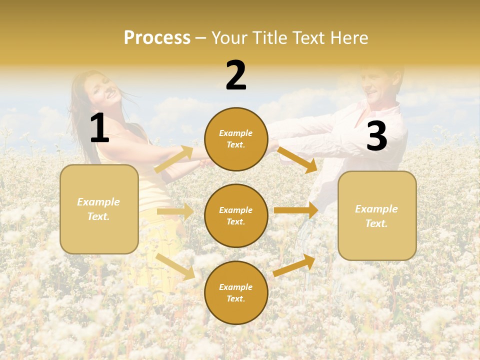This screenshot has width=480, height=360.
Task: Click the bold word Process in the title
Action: point(157,38)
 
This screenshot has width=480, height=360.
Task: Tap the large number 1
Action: point(99,128)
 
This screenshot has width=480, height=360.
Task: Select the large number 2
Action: point(236,75)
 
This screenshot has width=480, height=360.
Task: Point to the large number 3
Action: point(377,136)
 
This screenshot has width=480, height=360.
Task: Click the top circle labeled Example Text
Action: point(236,139)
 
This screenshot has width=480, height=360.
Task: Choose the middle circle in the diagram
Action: point(236,215)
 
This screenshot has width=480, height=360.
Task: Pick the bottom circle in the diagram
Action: point(236,292)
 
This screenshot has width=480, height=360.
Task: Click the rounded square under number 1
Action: point(99,209)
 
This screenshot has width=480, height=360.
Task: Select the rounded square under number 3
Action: point(377,215)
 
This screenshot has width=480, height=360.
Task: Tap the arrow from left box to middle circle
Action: point(175,212)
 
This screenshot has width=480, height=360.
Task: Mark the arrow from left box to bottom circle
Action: point(175,266)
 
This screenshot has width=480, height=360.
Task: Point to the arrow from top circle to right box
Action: point(297,160)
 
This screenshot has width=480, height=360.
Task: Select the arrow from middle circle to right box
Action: point(295,210)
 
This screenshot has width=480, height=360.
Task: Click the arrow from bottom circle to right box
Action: point(294,265)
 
